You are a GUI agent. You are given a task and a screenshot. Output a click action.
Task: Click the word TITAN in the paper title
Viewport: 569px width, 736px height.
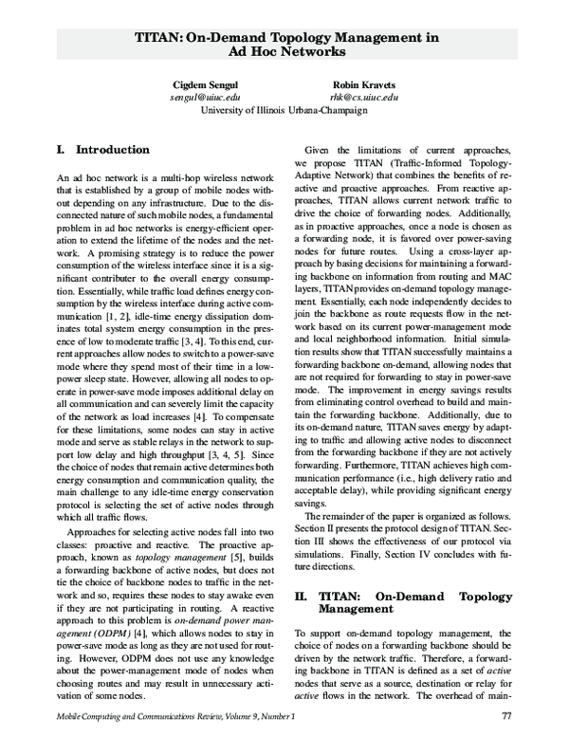point(159,37)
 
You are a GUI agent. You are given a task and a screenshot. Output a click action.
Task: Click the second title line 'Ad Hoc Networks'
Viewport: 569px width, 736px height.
point(284,54)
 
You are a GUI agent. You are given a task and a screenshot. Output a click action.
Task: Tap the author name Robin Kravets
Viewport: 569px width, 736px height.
point(363,84)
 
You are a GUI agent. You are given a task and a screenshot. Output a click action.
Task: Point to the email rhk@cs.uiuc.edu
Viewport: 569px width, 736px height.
point(363,97)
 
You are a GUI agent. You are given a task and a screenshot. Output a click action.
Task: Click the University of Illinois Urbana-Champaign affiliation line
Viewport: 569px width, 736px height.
point(284,110)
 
